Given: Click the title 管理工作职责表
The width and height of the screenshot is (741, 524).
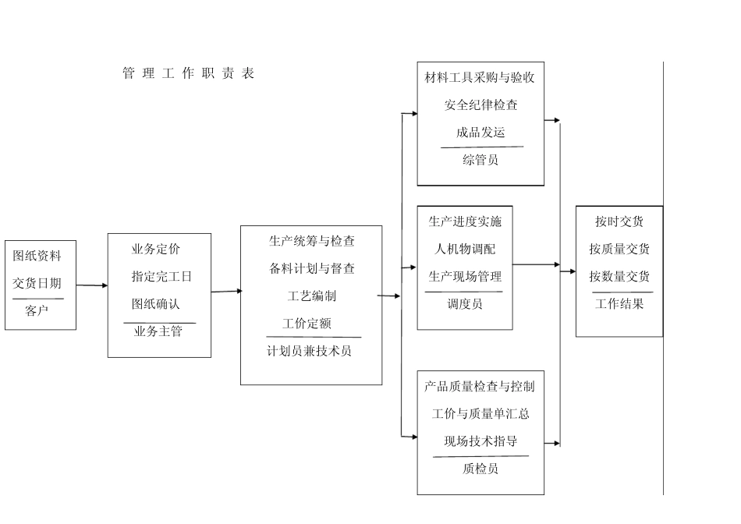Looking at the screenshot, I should [189, 74].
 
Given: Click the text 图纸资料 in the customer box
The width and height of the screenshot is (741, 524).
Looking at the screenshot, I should [37, 256].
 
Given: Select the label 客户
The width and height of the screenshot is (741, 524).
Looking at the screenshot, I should [37, 311].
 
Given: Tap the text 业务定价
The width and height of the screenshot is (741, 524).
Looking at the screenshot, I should [156, 250].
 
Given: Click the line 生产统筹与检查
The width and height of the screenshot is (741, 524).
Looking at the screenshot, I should [311, 241].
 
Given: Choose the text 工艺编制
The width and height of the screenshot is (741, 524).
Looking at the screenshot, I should [312, 296].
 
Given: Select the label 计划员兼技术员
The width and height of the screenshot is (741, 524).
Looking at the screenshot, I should [309, 351].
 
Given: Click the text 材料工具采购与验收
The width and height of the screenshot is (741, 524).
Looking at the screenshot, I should [480, 78].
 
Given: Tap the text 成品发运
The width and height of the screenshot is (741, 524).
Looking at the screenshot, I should [480, 133].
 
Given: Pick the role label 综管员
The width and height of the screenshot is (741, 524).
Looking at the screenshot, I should [480, 160].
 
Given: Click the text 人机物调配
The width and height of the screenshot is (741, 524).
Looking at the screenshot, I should [465, 250].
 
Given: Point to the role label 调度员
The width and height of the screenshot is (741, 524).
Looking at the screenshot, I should [465, 304].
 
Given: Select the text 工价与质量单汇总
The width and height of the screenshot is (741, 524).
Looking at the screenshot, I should [480, 413].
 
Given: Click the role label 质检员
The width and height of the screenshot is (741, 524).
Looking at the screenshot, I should [480, 469].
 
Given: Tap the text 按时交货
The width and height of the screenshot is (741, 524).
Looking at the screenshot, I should [619, 221].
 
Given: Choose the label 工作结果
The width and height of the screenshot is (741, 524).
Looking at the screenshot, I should [619, 304].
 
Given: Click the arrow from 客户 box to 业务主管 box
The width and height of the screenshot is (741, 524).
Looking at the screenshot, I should [92, 285].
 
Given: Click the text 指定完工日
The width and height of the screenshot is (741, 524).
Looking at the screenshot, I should [161, 277].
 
